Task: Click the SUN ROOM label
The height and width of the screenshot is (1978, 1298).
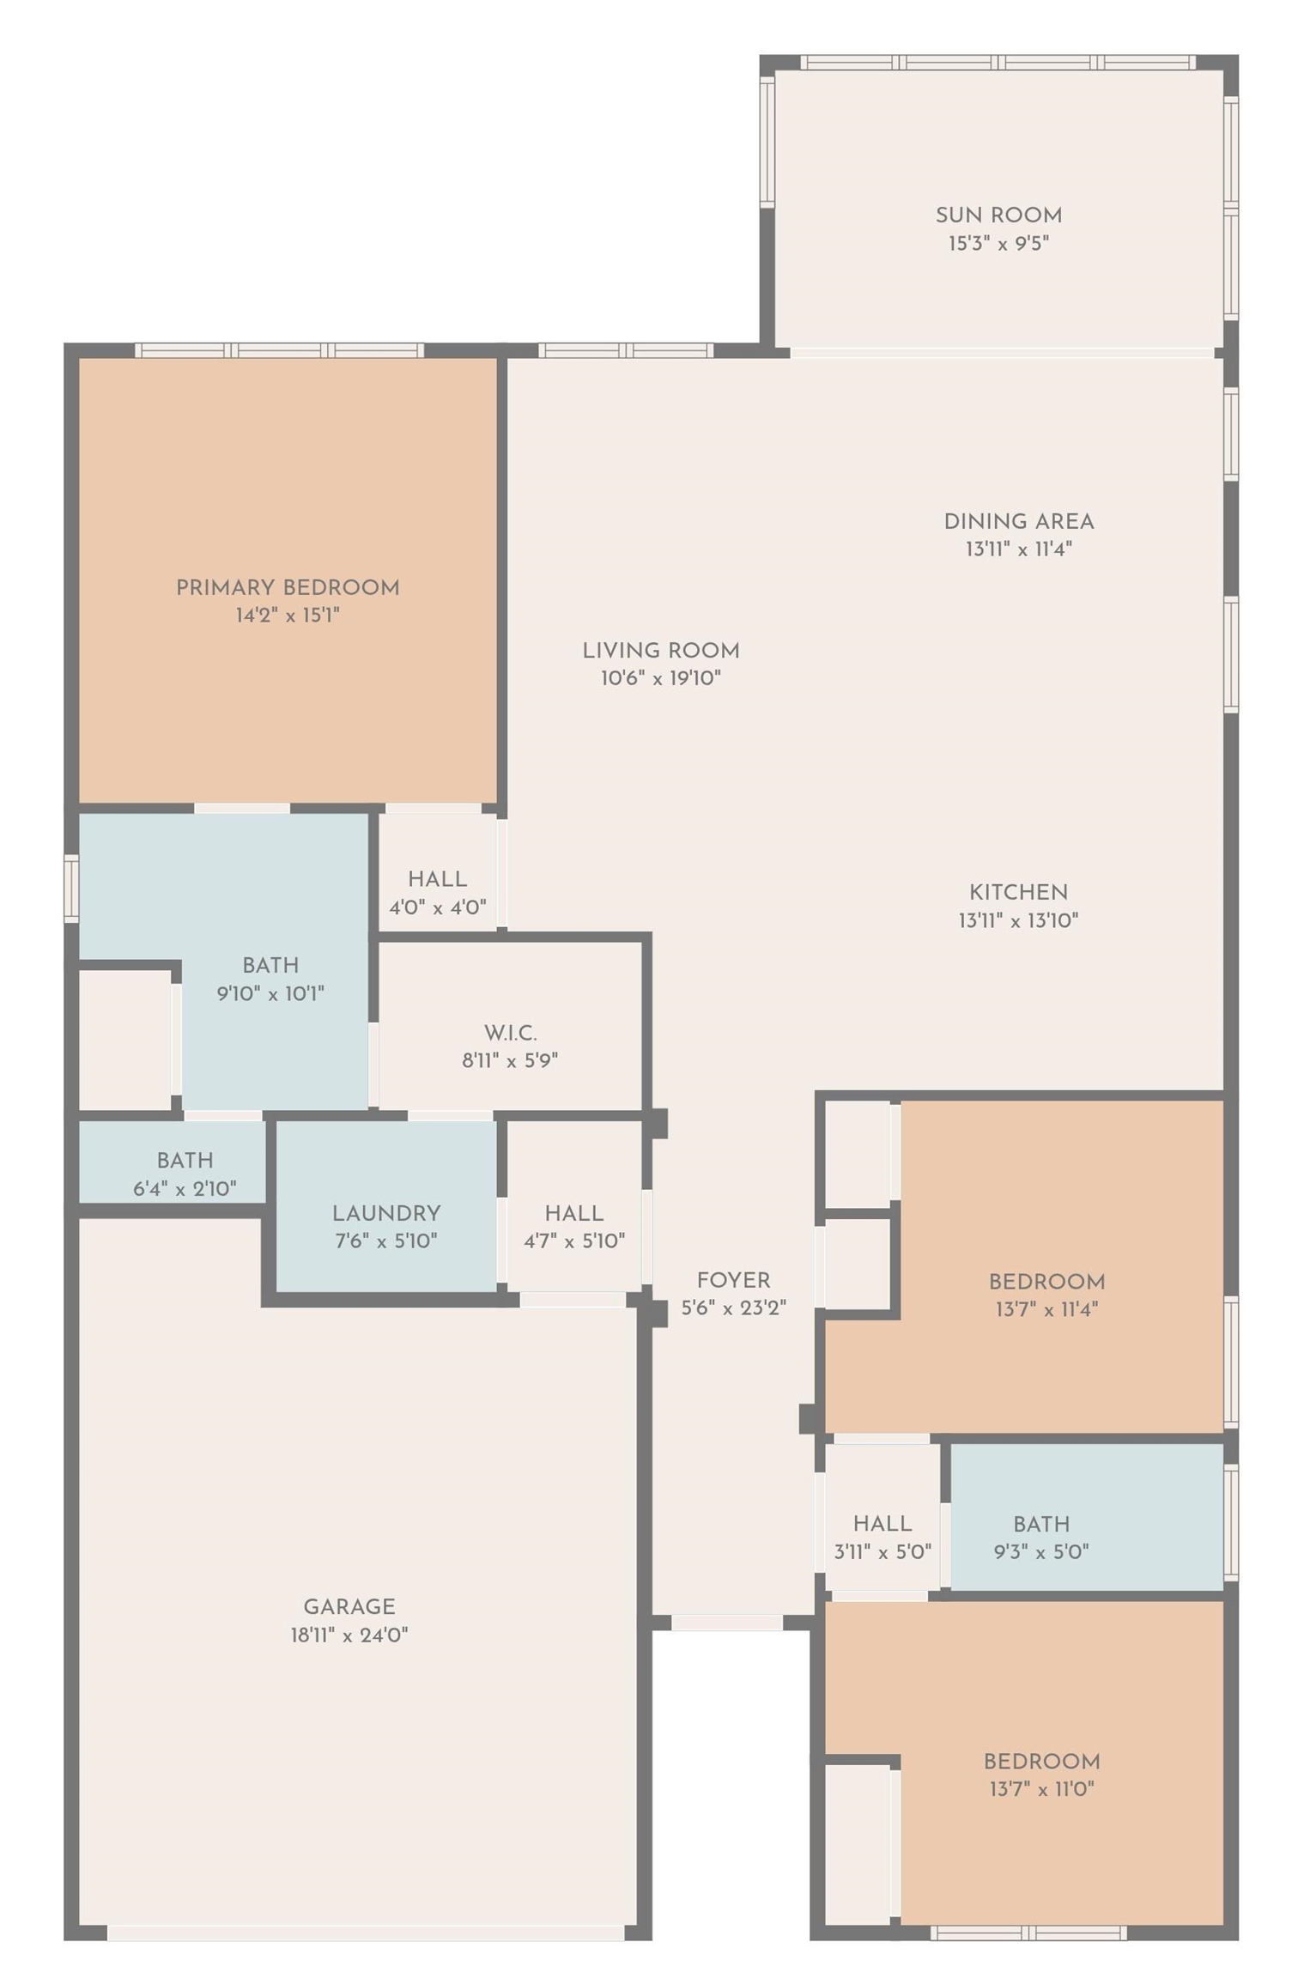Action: point(998,215)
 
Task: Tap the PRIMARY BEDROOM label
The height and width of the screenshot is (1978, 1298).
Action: point(288,587)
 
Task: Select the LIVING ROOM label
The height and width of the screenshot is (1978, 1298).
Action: point(661,650)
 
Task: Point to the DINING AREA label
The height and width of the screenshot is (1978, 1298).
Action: point(1019,521)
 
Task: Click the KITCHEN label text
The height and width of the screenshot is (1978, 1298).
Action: point(1019,892)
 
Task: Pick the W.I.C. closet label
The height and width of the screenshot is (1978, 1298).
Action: point(511,1032)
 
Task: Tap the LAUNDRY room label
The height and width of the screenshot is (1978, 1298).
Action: point(386,1213)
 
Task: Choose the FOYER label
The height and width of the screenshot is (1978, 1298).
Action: point(734,1280)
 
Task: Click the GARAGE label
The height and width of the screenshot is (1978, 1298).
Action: point(349,1606)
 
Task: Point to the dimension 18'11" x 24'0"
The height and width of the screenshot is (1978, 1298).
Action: point(349,1635)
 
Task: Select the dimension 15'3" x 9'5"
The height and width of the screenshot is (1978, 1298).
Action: point(998,243)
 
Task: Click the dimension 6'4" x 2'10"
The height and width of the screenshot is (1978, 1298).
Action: point(185,1188)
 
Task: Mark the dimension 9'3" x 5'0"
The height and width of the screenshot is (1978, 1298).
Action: point(1041,1551)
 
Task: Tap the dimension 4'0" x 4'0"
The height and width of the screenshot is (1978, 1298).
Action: point(438,907)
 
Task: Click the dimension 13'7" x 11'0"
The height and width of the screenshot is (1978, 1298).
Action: point(1041,1789)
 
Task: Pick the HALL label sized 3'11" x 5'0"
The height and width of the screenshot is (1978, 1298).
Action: point(883,1524)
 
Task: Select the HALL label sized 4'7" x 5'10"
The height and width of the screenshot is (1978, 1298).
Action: point(574,1213)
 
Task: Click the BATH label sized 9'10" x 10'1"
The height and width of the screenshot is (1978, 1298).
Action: point(270,965)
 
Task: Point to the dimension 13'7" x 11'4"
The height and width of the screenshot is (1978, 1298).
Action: point(1046,1309)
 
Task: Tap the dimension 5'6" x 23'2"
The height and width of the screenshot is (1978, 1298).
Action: point(734,1308)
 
